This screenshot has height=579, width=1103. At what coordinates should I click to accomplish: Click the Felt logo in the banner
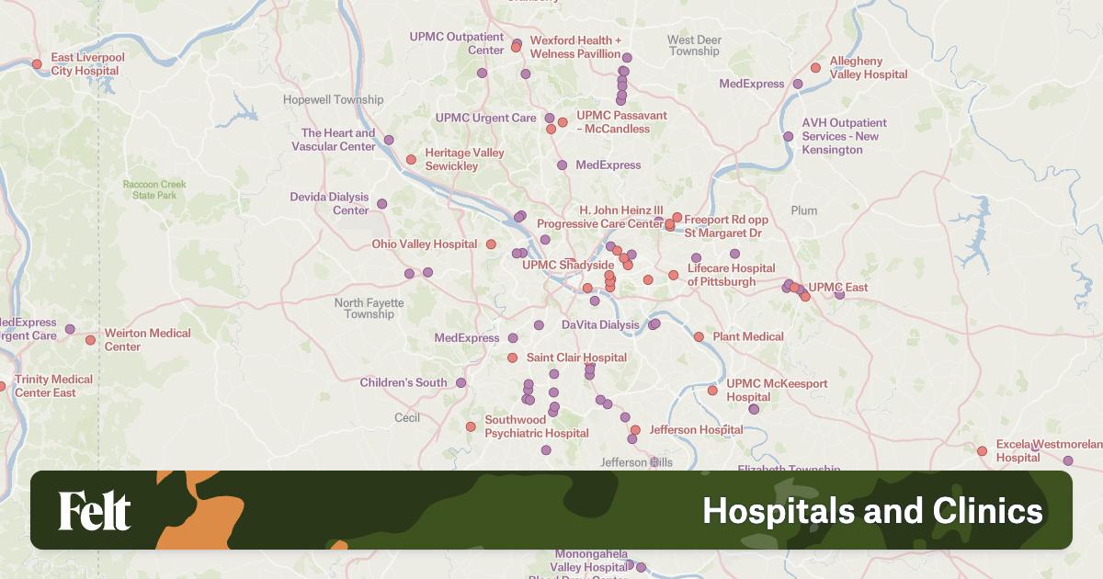(x=95, y=511)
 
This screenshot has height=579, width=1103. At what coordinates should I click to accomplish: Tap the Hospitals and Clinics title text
(x=872, y=511)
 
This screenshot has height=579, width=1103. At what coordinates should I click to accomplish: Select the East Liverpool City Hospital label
(x=86, y=63)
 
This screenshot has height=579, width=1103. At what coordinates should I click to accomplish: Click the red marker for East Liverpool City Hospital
(x=37, y=63)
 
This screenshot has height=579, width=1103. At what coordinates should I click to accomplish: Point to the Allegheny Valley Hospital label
(x=868, y=68)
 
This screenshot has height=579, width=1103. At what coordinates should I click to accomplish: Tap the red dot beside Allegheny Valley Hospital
(x=815, y=67)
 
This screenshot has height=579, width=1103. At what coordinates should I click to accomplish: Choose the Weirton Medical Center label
(x=147, y=340)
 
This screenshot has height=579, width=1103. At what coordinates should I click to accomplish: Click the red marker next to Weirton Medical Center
(x=90, y=340)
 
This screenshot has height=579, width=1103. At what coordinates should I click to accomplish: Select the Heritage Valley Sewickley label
(x=464, y=159)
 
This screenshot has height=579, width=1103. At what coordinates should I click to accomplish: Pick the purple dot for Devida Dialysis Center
(x=382, y=204)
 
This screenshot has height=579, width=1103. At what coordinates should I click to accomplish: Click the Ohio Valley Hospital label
(x=424, y=244)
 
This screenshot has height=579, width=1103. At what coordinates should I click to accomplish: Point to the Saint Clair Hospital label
(x=576, y=358)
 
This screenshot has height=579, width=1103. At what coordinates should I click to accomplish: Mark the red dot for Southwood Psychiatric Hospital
(x=471, y=426)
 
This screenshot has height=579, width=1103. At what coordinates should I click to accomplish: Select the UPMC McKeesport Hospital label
(x=777, y=391)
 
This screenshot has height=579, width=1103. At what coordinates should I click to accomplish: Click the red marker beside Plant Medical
(x=699, y=336)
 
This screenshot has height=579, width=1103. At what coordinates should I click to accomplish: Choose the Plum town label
(x=803, y=210)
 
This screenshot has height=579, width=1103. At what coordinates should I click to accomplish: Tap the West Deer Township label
(x=694, y=46)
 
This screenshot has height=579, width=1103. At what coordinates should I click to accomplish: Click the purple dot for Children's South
(x=461, y=383)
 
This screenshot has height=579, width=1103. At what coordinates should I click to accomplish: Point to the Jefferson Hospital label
(x=696, y=429)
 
